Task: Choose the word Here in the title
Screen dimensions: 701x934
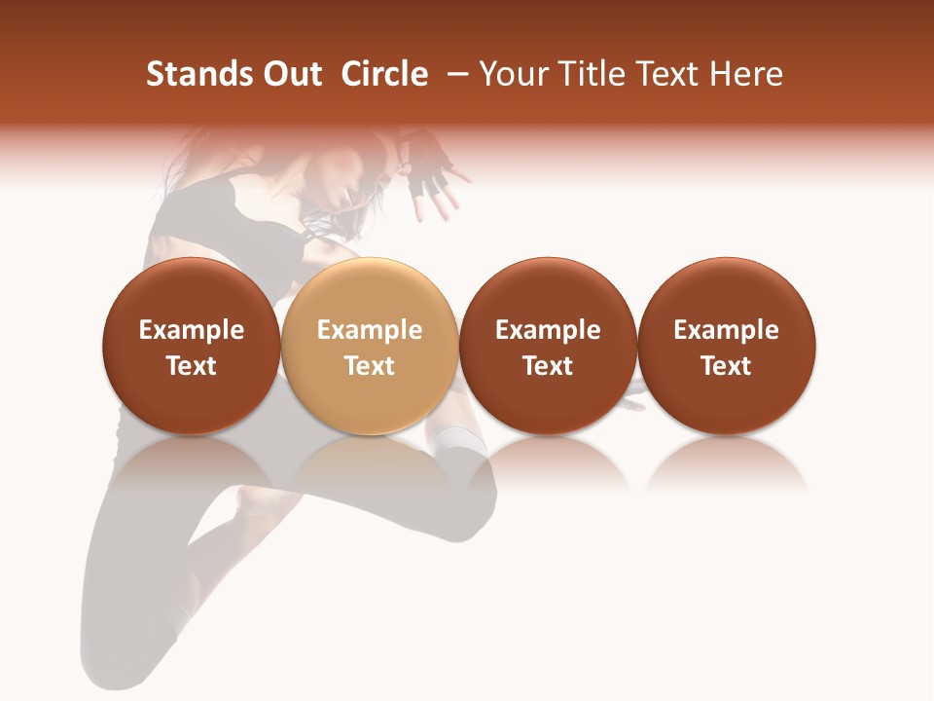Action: pos(747,74)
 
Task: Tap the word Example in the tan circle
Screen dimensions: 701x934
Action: pos(369,330)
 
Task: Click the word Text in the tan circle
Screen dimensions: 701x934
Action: pos(369,366)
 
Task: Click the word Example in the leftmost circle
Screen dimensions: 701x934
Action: pos(191,330)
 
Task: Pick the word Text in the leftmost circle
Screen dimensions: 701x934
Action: pos(191,366)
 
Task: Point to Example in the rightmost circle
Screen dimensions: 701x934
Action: pos(726,330)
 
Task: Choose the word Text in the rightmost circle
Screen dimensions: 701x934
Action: pos(726,366)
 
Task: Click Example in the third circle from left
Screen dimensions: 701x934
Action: pos(548,330)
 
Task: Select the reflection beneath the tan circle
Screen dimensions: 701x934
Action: pos(369,462)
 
